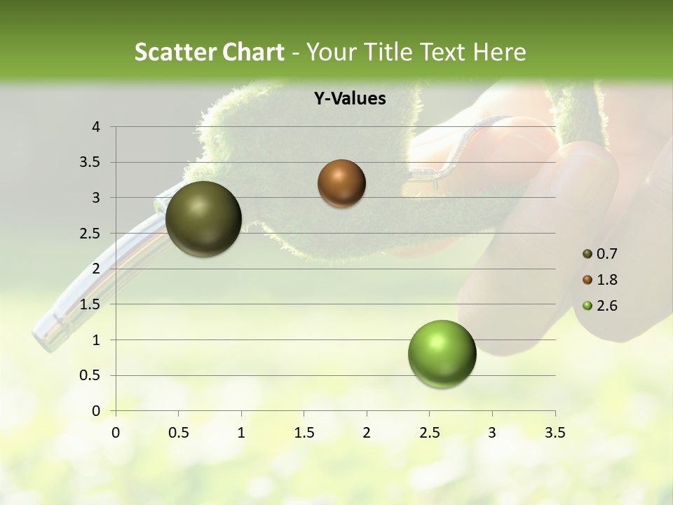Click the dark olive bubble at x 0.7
[204, 219]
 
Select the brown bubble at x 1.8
[341, 183]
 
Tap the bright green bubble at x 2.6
[442, 353]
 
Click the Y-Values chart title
[349, 99]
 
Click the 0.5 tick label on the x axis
[178, 433]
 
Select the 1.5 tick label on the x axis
[304, 433]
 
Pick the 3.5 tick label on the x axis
[555, 433]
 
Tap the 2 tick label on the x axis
[367, 433]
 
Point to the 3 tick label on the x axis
[492, 433]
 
